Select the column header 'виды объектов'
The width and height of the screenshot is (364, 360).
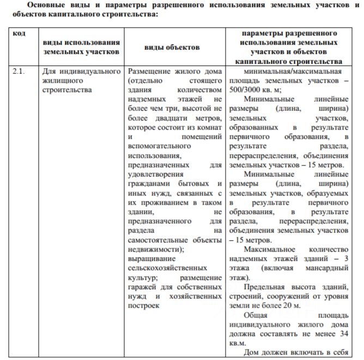(172, 47)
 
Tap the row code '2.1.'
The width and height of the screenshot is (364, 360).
(21, 72)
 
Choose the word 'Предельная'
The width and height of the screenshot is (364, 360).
(266, 286)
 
